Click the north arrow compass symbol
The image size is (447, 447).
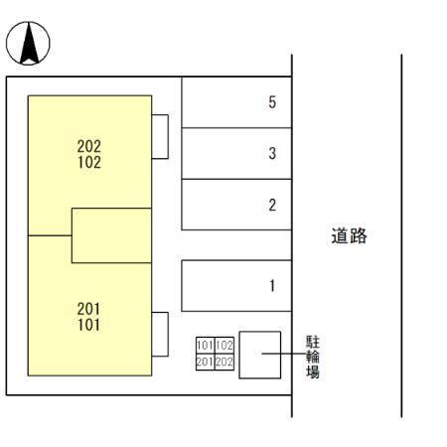pos(28,43)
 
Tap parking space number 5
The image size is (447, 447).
pos(236,102)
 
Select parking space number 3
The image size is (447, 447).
pos(236,153)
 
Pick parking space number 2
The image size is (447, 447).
pos(236,205)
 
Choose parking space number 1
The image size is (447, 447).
pos(236,285)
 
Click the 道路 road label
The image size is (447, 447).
pos(349,235)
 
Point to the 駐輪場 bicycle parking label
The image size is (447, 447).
pos(313,357)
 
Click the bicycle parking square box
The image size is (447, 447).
pos(260,355)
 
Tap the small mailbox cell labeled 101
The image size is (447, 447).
pos(206,346)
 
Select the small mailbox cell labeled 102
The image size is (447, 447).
pos(224,346)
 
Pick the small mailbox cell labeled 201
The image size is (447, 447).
pos(206,362)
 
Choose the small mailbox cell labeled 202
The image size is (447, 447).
pos(224,362)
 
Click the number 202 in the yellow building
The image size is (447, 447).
pos(89,146)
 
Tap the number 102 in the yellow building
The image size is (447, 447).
pos(89,162)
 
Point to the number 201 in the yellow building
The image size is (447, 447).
pos(88,309)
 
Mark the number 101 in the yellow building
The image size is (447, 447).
pos(88,325)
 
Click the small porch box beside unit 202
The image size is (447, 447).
pos(160,137)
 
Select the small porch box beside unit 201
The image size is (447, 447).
pos(160,334)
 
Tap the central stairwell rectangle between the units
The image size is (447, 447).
pos(111,235)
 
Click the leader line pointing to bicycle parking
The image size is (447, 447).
pos(283,354)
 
